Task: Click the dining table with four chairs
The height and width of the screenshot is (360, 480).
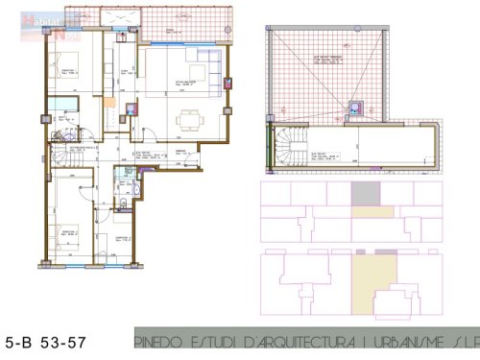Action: (x=189, y=118)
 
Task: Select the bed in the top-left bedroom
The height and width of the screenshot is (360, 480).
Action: (x=71, y=77)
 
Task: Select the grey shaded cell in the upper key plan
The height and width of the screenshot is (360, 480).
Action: (x=366, y=193)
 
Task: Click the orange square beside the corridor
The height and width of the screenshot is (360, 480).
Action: (x=110, y=104)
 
